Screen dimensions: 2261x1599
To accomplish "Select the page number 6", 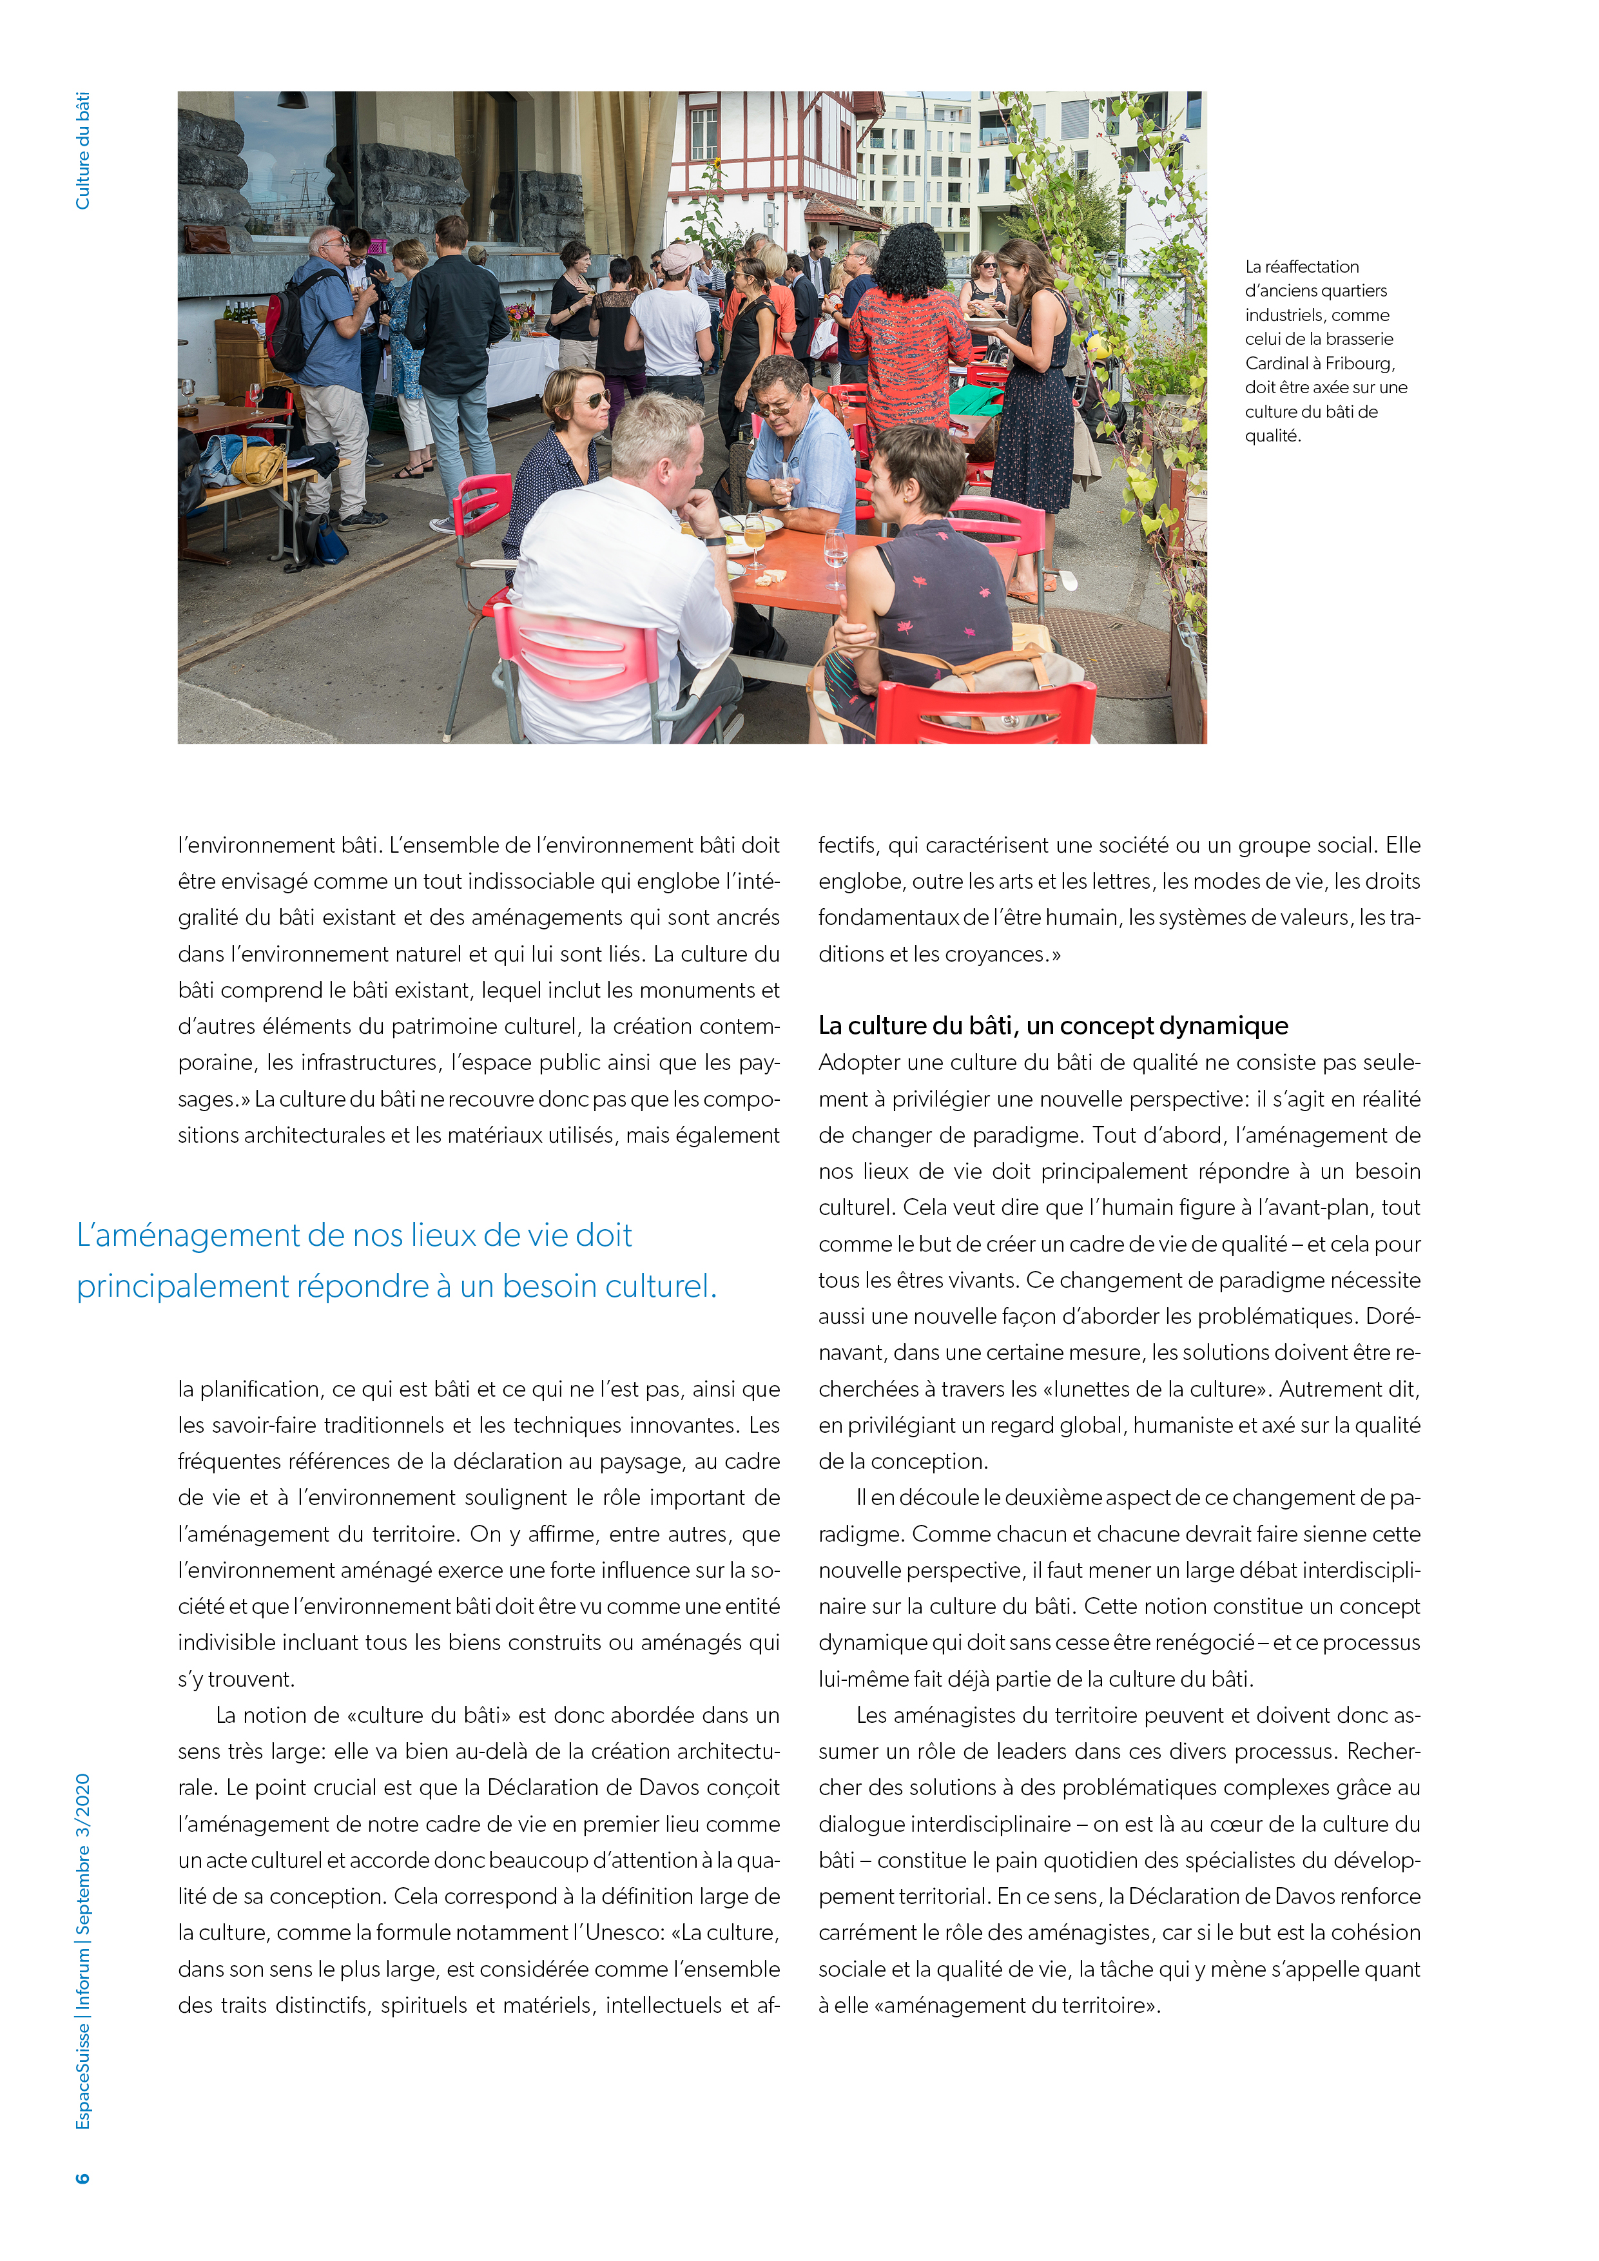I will tap(82, 2177).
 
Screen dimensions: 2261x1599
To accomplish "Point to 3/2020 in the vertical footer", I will tap(82, 1806).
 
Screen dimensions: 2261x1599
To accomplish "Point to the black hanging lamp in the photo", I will tap(293, 99).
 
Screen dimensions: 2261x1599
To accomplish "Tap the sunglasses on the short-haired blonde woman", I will tap(593, 399).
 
